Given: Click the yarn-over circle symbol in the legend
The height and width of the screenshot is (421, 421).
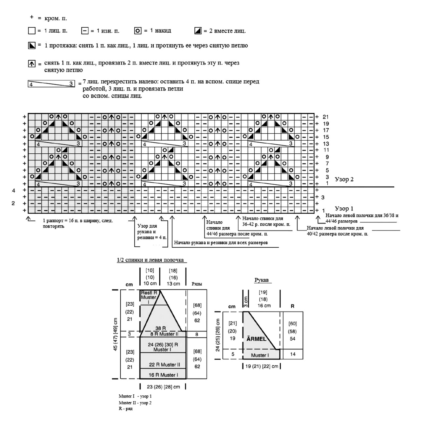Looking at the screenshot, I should (138, 31).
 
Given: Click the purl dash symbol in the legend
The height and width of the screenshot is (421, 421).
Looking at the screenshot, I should (85, 31).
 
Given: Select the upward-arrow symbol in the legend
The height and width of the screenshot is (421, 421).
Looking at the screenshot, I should (32, 64).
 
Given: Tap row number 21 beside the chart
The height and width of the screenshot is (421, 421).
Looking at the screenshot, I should (326, 117).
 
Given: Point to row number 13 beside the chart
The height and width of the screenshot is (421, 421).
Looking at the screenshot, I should (326, 144).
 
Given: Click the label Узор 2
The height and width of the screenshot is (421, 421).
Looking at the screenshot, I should (344, 180).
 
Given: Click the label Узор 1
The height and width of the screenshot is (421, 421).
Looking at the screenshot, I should (344, 208).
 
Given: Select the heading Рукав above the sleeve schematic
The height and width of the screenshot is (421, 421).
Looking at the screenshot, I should (261, 280).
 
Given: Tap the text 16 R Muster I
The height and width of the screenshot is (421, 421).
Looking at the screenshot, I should (163, 375).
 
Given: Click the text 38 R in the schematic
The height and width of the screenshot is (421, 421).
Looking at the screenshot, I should (161, 328).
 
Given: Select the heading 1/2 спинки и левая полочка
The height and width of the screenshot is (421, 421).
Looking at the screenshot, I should (150, 260).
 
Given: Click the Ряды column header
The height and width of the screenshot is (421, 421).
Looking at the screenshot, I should (197, 284).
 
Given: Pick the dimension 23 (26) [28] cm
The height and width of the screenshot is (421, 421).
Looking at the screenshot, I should (163, 387).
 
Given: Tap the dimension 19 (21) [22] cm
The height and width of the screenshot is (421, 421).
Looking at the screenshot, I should (262, 366).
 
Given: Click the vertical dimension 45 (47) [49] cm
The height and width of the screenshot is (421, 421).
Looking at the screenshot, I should (115, 334).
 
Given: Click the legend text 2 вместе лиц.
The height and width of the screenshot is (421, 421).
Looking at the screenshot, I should (227, 31).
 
